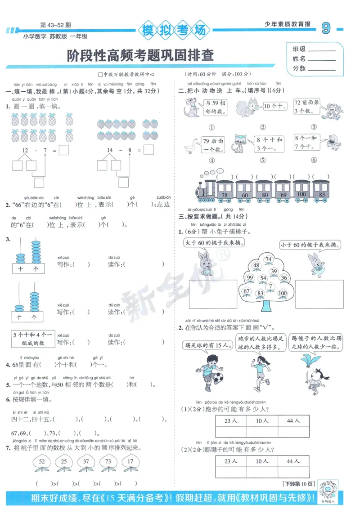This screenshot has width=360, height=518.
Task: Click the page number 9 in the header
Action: [x=326, y=29]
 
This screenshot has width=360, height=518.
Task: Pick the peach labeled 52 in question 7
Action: [x=42, y=462]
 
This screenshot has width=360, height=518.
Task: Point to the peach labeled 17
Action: [x=130, y=462]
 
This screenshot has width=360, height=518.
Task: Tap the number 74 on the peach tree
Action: [x=269, y=259]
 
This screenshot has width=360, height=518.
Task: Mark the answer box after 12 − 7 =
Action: [x=64, y=150]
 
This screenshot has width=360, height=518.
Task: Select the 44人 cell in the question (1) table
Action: [x=293, y=420]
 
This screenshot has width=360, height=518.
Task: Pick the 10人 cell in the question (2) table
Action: [x=262, y=461]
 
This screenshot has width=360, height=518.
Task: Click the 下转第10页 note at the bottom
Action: [x=298, y=484]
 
